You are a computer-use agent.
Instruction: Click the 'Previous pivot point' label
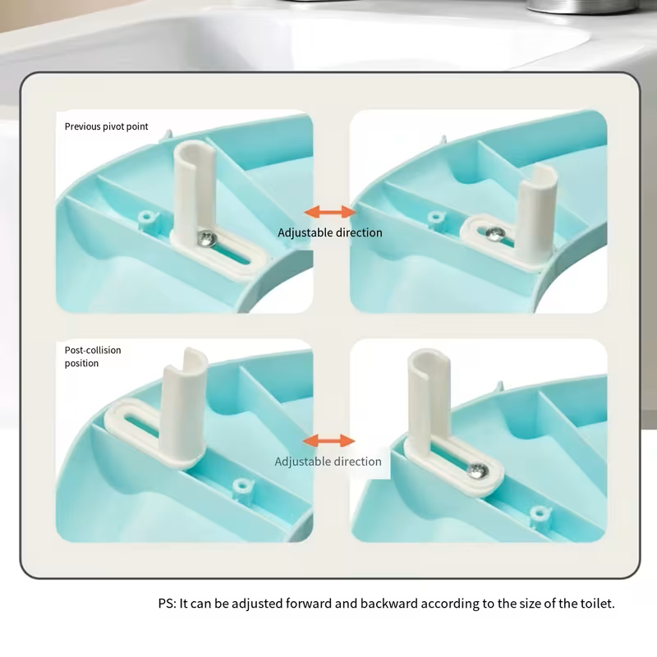pyautogui.click(x=106, y=126)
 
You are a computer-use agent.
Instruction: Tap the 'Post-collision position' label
pyautogui.click(x=93, y=356)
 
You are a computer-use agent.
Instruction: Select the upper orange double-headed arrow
pyautogui.click(x=330, y=212)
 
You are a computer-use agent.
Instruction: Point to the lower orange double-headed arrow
pyautogui.click(x=329, y=440)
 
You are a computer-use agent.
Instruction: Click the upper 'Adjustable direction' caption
pyautogui.click(x=330, y=232)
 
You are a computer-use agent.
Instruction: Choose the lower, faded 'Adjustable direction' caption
pyautogui.click(x=328, y=462)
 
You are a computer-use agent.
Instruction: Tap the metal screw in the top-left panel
pyautogui.click(x=207, y=238)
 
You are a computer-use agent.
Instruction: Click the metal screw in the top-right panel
pyautogui.click(x=495, y=234)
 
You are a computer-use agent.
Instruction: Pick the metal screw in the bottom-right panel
pyautogui.click(x=478, y=471)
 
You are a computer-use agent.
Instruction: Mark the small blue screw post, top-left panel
pyautogui.click(x=147, y=218)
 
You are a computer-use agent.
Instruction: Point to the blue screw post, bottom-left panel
pyautogui.click(x=241, y=488)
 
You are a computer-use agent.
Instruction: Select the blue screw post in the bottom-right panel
pyautogui.click(x=540, y=514)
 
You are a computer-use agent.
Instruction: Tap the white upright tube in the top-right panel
pyautogui.click(x=536, y=214)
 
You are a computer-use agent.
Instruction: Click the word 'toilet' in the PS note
pyautogui.click(x=597, y=604)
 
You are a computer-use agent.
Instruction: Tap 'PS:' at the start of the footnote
pyautogui.click(x=168, y=604)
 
